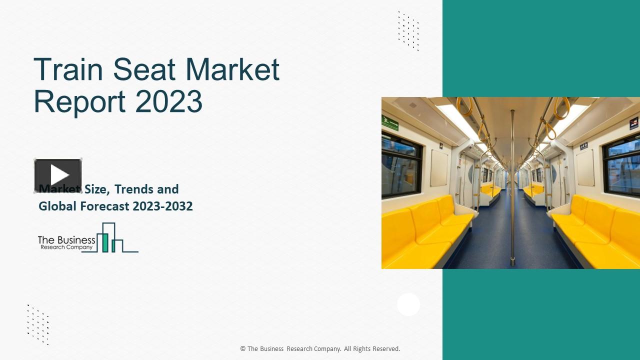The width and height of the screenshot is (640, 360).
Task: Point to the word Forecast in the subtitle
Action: (105, 206)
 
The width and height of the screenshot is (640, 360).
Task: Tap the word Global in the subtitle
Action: (57, 206)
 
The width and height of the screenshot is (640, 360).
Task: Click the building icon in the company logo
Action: (111, 238)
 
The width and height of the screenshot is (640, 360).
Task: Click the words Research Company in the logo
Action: (66, 247)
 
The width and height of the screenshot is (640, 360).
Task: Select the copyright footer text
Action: (320, 349)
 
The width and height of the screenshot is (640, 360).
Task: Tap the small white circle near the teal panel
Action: (408, 304)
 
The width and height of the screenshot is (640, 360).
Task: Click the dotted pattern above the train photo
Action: (408, 30)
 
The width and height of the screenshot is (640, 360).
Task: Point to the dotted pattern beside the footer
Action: (38, 324)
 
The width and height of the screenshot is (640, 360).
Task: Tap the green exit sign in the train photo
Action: (390, 122)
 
